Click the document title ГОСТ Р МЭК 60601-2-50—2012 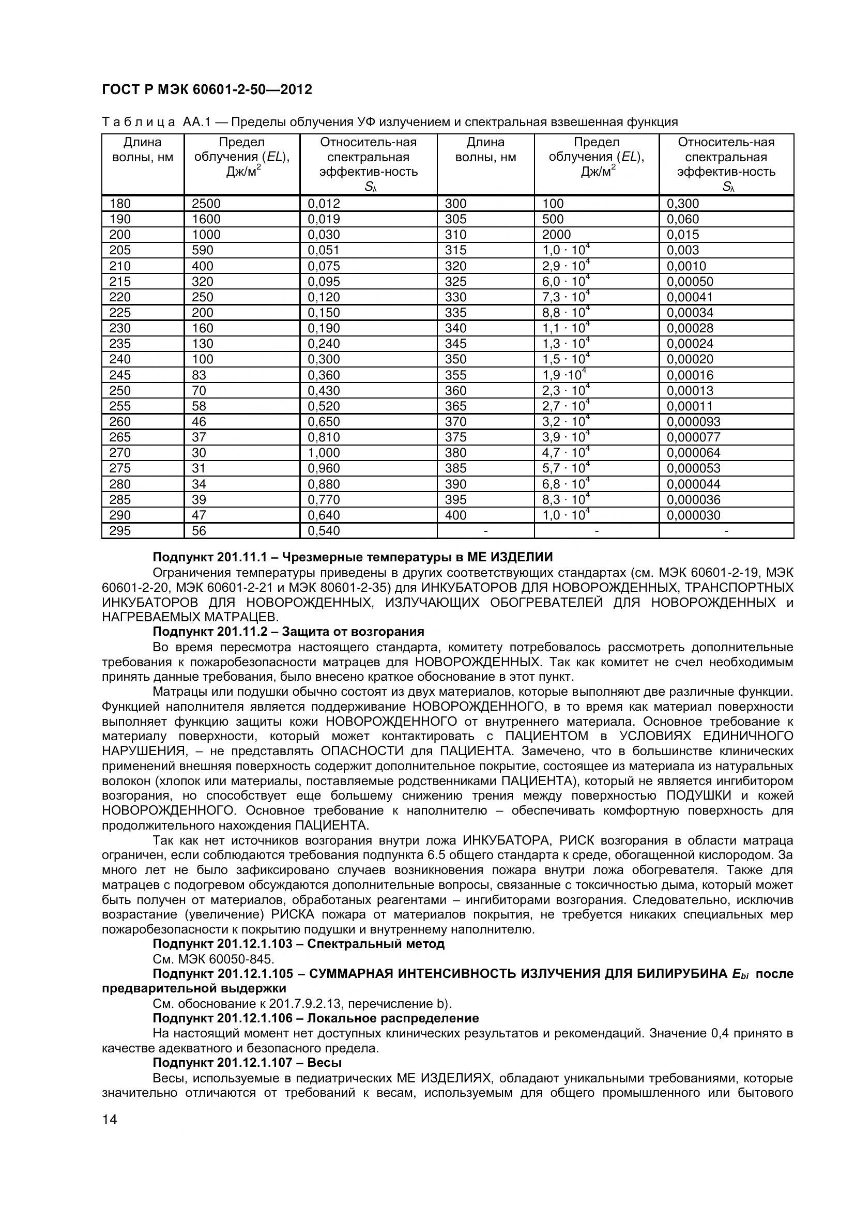pos(207,90)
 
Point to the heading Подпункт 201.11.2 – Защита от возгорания pos(288,631)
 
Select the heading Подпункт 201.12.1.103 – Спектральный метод pos(298,944)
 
